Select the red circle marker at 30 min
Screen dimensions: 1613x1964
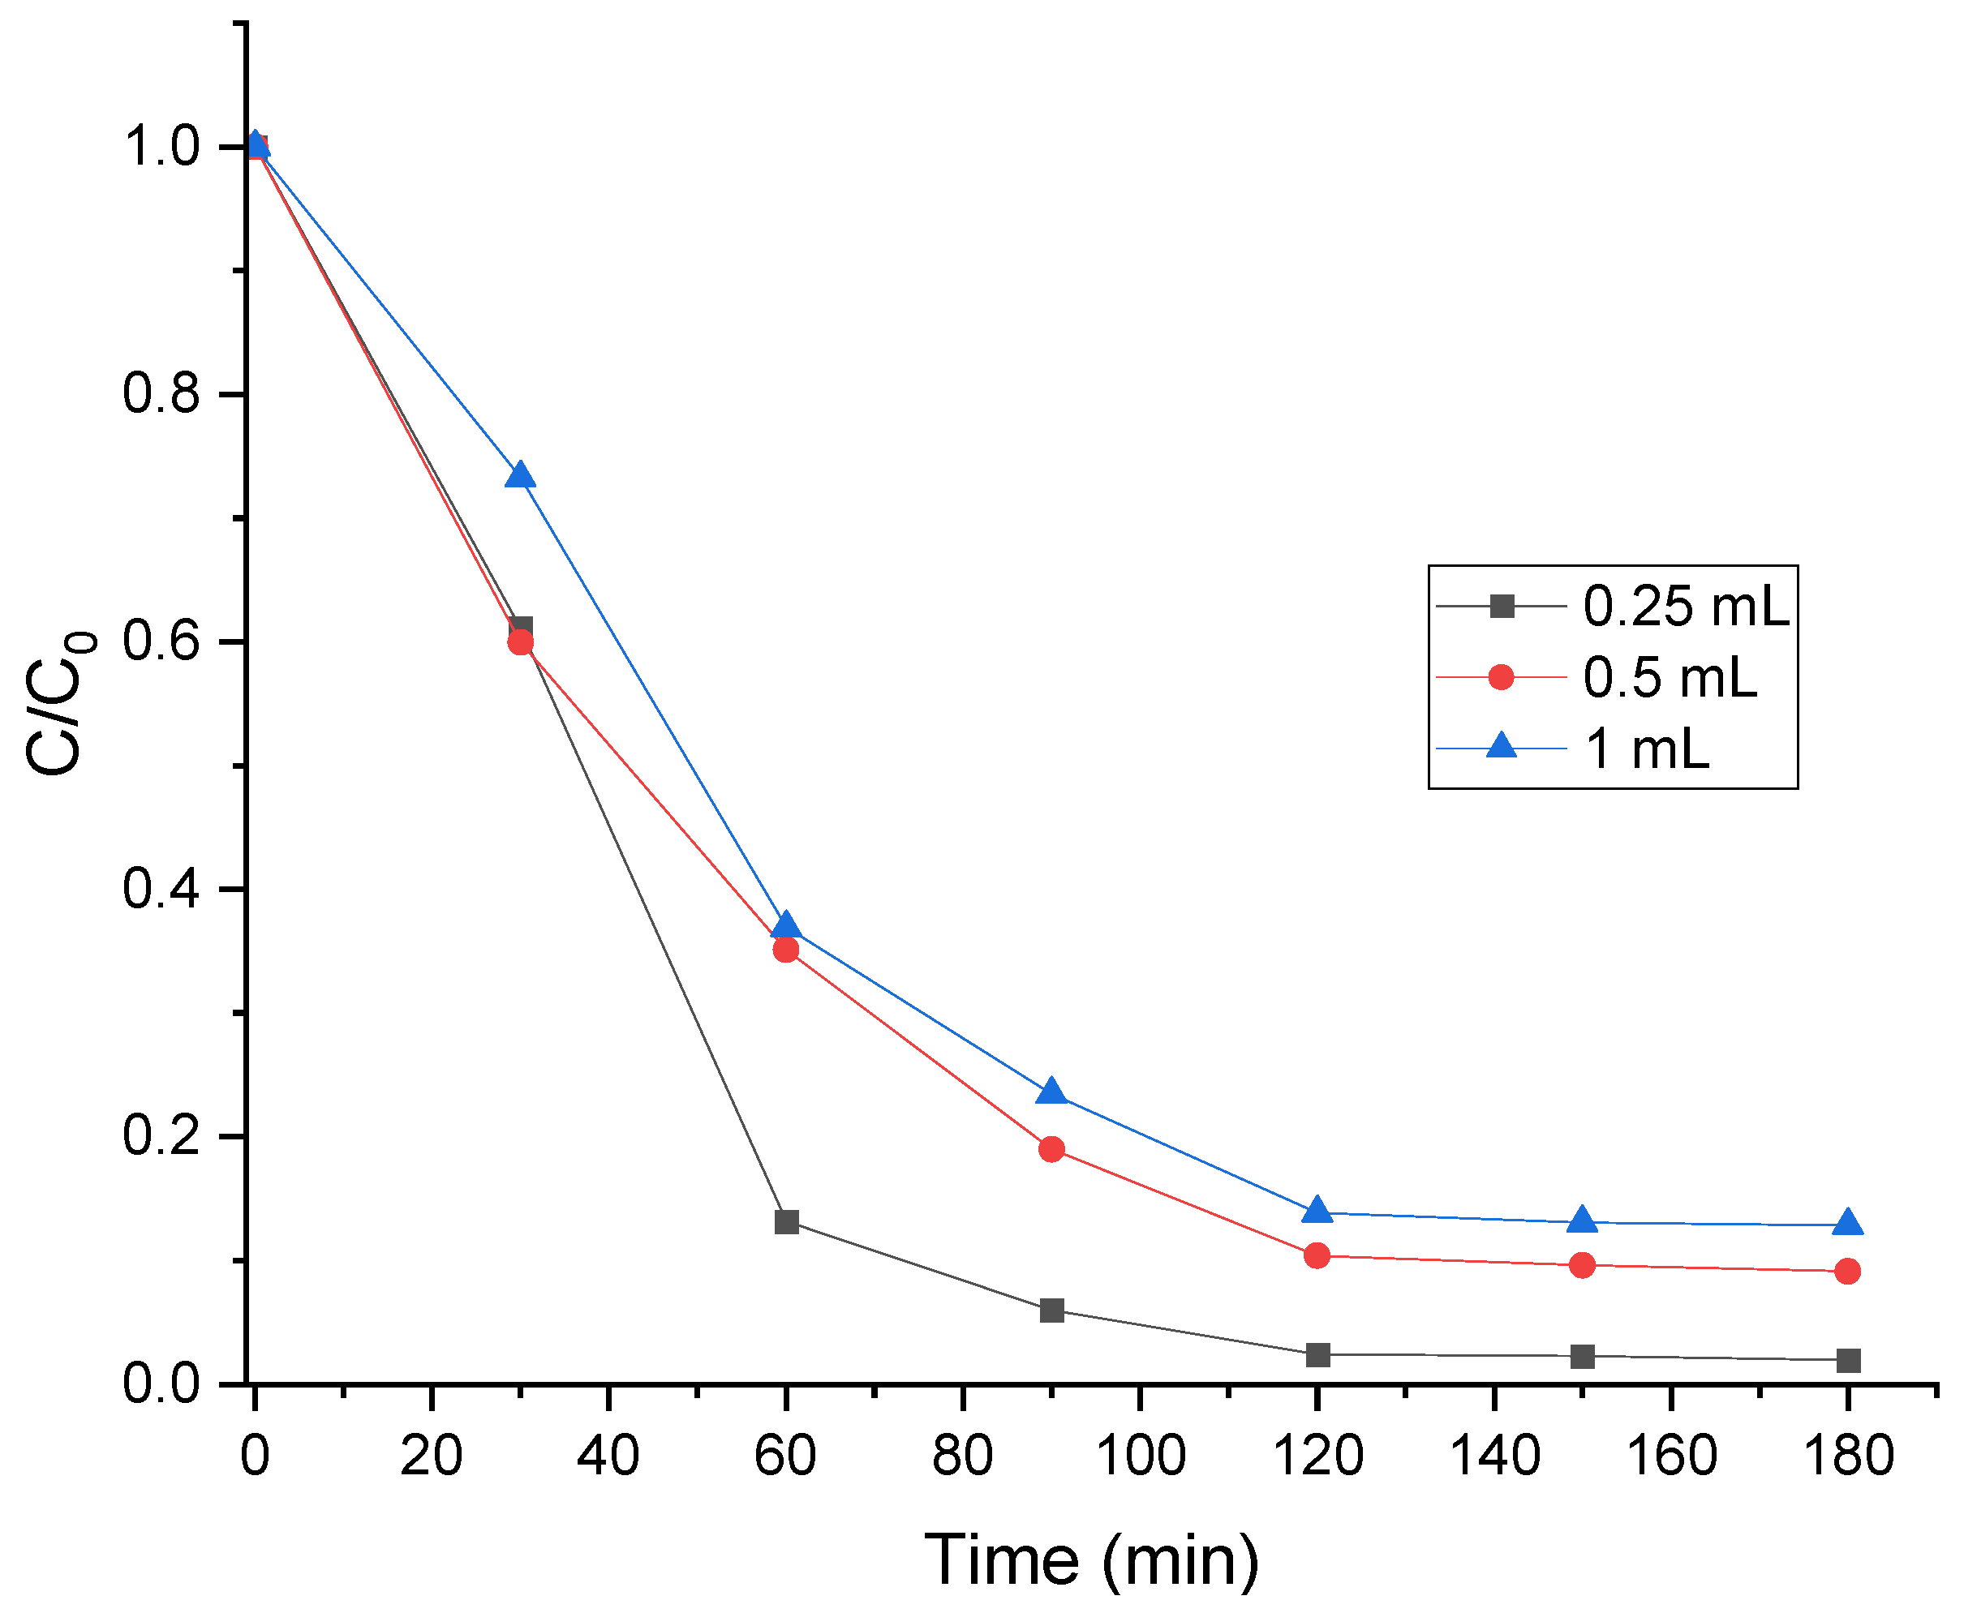(521, 642)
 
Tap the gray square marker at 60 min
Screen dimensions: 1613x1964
(786, 1222)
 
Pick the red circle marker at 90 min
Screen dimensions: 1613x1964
(1051, 1149)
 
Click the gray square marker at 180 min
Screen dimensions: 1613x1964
(1848, 1360)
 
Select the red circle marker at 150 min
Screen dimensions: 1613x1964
(1582, 1264)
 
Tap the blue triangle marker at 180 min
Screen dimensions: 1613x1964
(1848, 1224)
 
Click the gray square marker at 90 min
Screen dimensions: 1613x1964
(1051, 1311)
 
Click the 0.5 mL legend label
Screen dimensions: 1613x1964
(1670, 677)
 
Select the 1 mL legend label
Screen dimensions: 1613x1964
(1646, 748)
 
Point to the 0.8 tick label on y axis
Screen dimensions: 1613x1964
(161, 393)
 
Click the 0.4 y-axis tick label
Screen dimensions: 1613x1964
(161, 888)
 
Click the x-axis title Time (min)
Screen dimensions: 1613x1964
(1091, 1560)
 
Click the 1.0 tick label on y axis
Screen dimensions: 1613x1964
(161, 147)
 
